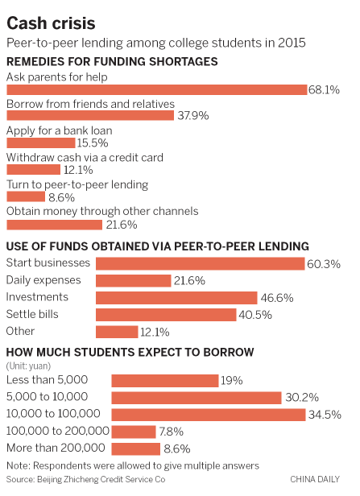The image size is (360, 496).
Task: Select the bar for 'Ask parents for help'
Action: tap(157, 90)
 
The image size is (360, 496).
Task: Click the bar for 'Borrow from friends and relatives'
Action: tap(90, 116)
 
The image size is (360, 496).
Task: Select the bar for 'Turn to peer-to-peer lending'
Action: tap(26, 196)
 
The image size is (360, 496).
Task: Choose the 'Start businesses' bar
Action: tap(201, 263)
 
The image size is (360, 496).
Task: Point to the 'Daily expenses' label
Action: tap(43, 280)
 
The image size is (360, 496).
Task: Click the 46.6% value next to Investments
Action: tap(276, 298)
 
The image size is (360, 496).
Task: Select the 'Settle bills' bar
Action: tap(166, 315)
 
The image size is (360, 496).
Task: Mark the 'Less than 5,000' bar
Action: tap(165, 380)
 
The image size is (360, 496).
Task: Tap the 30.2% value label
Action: tap(300, 397)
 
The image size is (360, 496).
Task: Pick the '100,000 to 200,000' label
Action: tap(57, 431)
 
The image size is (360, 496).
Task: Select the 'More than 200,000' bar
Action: tap(136, 448)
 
